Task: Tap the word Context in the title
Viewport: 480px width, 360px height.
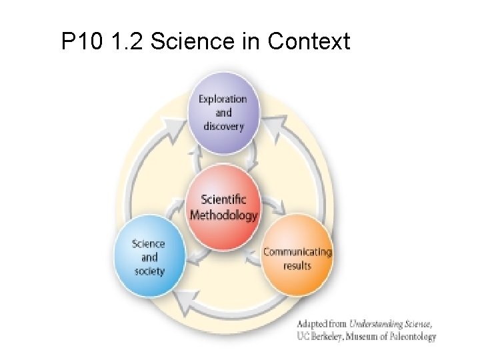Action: [x=308, y=41]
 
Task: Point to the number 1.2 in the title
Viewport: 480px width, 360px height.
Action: [x=126, y=41]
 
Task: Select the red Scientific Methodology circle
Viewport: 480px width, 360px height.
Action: [x=223, y=207]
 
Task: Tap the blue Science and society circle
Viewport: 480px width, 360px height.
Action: [x=149, y=257]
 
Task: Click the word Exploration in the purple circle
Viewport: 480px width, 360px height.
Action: [x=223, y=99]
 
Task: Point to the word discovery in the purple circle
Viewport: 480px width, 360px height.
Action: [x=223, y=126]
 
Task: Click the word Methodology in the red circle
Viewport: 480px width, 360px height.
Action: [x=223, y=215]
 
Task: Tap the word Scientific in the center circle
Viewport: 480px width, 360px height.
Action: [x=223, y=199]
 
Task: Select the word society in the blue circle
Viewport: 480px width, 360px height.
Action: [x=149, y=271]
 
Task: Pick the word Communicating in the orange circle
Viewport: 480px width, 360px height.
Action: [x=297, y=251]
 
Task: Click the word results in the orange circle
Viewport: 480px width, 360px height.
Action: [x=297, y=265]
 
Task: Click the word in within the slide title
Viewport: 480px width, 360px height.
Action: [x=251, y=41]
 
